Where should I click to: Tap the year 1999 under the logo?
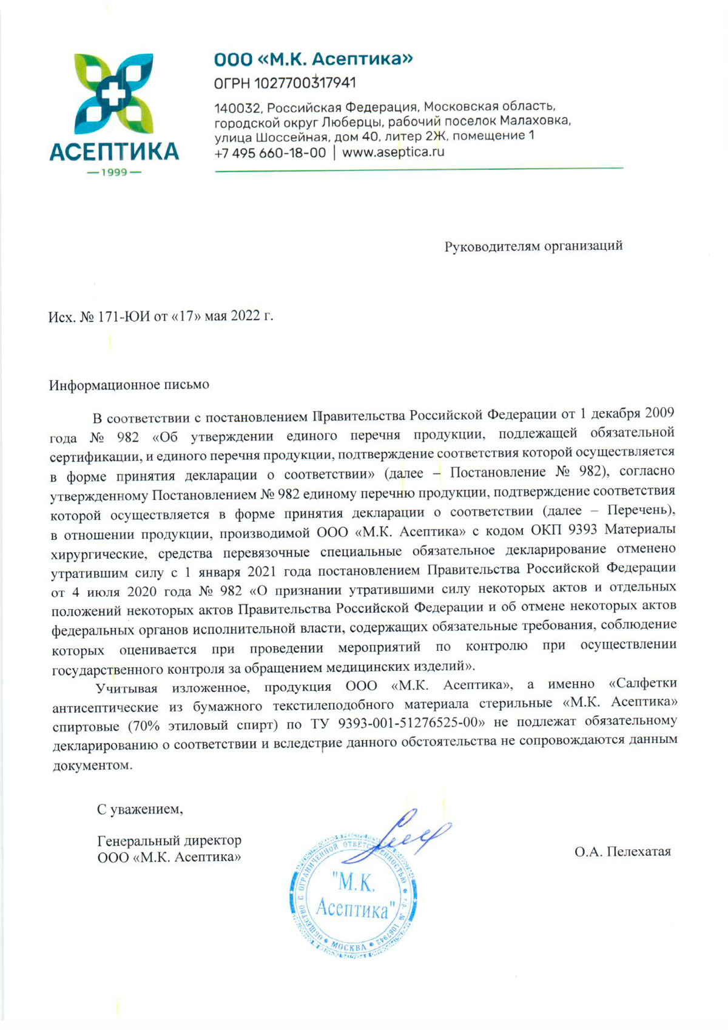pyautogui.click(x=114, y=172)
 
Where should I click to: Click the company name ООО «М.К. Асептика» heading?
pyautogui.click(x=313, y=59)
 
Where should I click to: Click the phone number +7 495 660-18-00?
pyautogui.click(x=270, y=153)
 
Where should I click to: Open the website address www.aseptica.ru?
pyautogui.click(x=393, y=152)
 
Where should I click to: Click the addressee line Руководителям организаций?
pyautogui.click(x=533, y=246)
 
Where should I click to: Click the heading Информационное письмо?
pyautogui.click(x=129, y=385)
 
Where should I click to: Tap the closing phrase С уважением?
pyautogui.click(x=140, y=809)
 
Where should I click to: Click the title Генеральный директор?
pyautogui.click(x=169, y=841)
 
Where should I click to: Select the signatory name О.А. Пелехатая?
pyautogui.click(x=622, y=852)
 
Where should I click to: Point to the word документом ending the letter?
pyautogui.click(x=92, y=766)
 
